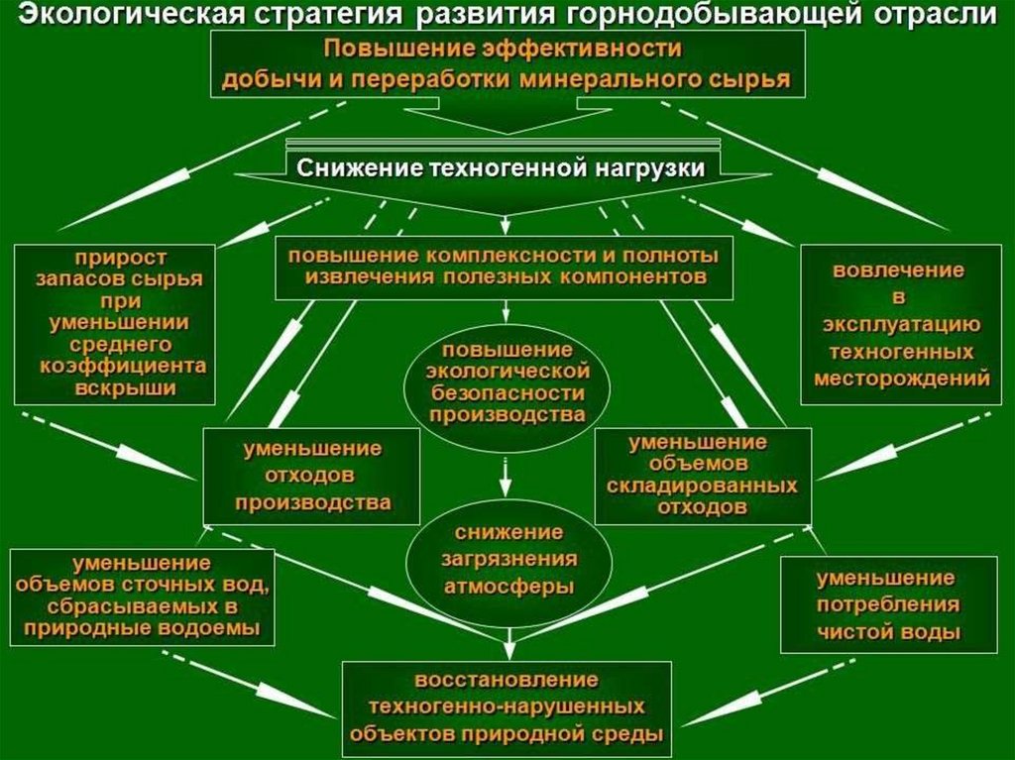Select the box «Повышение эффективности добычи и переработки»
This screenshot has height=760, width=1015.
pos(507,63)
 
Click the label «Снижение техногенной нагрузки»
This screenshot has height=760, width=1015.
pos(500,167)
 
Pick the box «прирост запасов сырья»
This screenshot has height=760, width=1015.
pos(115,323)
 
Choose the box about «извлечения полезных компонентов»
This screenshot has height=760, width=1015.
pos(505,267)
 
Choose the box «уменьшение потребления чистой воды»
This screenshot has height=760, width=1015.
pos(887,604)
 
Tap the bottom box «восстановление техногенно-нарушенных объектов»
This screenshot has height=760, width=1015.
pos(507,707)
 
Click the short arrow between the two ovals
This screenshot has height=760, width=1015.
pos(507,480)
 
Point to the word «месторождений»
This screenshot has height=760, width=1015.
pos(901,378)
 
